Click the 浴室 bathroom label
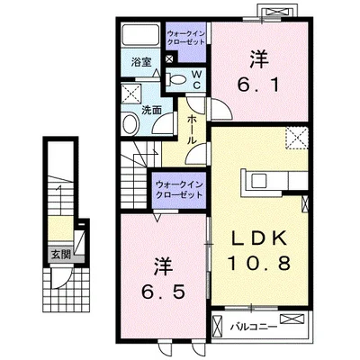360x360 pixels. pyautogui.click(x=141, y=62)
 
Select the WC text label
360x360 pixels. pyautogui.click(x=196, y=79)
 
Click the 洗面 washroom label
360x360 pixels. pyautogui.click(x=151, y=111)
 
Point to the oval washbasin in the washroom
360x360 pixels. pyautogui.click(x=130, y=124)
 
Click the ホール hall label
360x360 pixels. pyautogui.click(x=192, y=130)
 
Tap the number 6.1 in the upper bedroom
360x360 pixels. pyautogui.click(x=258, y=85)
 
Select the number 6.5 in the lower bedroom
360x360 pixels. pyautogui.click(x=164, y=292)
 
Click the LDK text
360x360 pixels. pyautogui.click(x=259, y=238)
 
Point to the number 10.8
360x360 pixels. pyautogui.click(x=259, y=263)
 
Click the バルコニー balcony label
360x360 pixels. pyautogui.click(x=254, y=327)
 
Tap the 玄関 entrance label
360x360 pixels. pyautogui.click(x=61, y=255)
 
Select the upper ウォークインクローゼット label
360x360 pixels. pyautogui.click(x=186, y=38)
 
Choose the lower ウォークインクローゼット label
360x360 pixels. pyautogui.click(x=179, y=190)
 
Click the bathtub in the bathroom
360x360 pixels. pyautogui.click(x=140, y=35)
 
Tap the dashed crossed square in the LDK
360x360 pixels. pyautogui.click(x=297, y=138)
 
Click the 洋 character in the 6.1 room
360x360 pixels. pyautogui.click(x=259, y=58)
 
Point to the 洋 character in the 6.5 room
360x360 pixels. pyautogui.click(x=164, y=265)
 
